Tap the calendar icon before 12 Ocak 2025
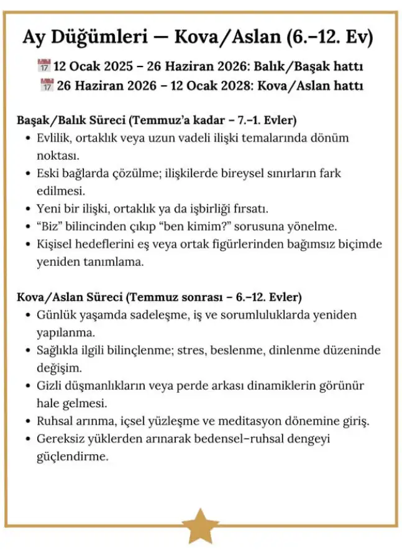point(43,66)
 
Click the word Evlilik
point(55,137)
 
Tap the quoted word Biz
point(53,226)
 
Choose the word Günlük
point(57,314)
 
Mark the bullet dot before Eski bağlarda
point(27,173)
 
